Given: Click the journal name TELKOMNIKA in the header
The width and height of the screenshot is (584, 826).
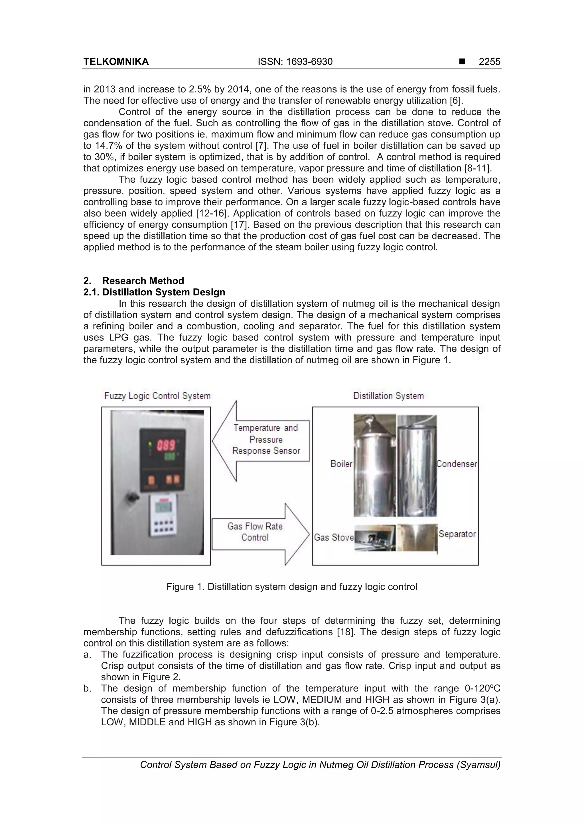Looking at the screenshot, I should [x=116, y=62].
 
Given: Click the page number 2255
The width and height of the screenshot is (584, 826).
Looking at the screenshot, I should [x=489, y=62].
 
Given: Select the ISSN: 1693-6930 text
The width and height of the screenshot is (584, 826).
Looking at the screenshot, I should [x=295, y=62].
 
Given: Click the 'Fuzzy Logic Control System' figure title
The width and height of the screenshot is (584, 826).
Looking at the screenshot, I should [x=157, y=396].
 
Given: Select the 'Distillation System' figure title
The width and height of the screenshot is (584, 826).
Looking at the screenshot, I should [x=388, y=396].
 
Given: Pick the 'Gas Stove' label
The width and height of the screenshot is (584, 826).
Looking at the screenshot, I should [x=334, y=537].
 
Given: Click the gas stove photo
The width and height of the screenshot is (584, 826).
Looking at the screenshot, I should [x=375, y=537].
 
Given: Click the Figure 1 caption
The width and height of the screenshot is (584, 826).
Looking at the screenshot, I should [x=291, y=587].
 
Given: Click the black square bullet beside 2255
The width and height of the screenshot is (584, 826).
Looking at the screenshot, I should [x=462, y=62].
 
